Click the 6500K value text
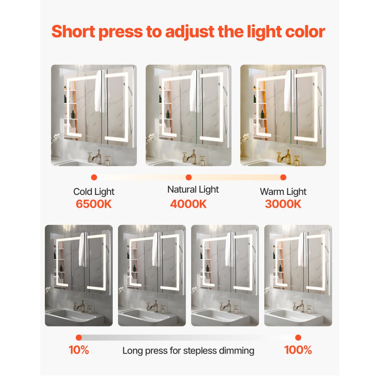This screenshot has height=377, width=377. point(94,204)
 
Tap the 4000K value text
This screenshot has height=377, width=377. point(188,204)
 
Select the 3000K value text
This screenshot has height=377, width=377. point(283,204)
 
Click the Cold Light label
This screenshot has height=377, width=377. point(94,192)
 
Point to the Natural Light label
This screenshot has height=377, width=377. point(193,189)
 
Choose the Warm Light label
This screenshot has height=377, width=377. point(283,192)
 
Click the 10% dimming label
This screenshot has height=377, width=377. point(79,350)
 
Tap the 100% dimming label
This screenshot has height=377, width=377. point(298,350)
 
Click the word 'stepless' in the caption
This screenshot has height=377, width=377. point(199,351)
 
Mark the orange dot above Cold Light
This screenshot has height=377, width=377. point(94,177)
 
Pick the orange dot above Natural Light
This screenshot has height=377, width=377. point(189,177)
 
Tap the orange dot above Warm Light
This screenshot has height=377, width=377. point(284,177)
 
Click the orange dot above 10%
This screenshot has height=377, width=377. point(78,337)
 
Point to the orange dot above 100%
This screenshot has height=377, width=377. point(298,337)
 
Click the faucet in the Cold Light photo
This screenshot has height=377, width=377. point(96,156)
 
